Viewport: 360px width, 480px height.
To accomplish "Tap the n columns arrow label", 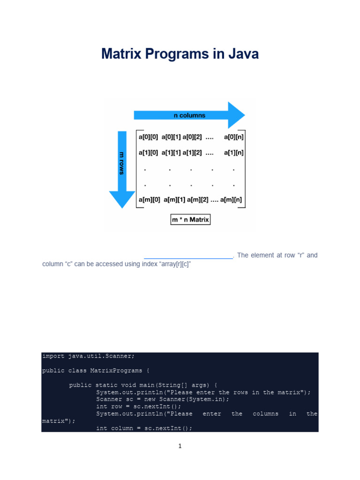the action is click(189, 115).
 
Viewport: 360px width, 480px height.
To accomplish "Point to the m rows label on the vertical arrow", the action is click(122, 163).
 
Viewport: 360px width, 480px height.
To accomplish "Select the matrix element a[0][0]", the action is click(149, 137).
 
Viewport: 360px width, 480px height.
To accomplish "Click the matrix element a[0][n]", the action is click(234, 137).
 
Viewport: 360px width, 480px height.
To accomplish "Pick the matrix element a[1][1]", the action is click(172, 153).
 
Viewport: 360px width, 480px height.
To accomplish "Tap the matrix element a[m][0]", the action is click(150, 200).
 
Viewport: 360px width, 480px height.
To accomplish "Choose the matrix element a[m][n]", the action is click(232, 200).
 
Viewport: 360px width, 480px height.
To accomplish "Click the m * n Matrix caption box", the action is click(190, 219).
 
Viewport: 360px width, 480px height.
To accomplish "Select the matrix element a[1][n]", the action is click(234, 153).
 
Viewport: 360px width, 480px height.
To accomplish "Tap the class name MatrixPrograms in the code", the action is click(116, 371).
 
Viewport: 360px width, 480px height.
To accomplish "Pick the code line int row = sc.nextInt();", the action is click(138, 407).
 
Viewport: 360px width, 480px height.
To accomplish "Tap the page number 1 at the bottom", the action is click(180, 446).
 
